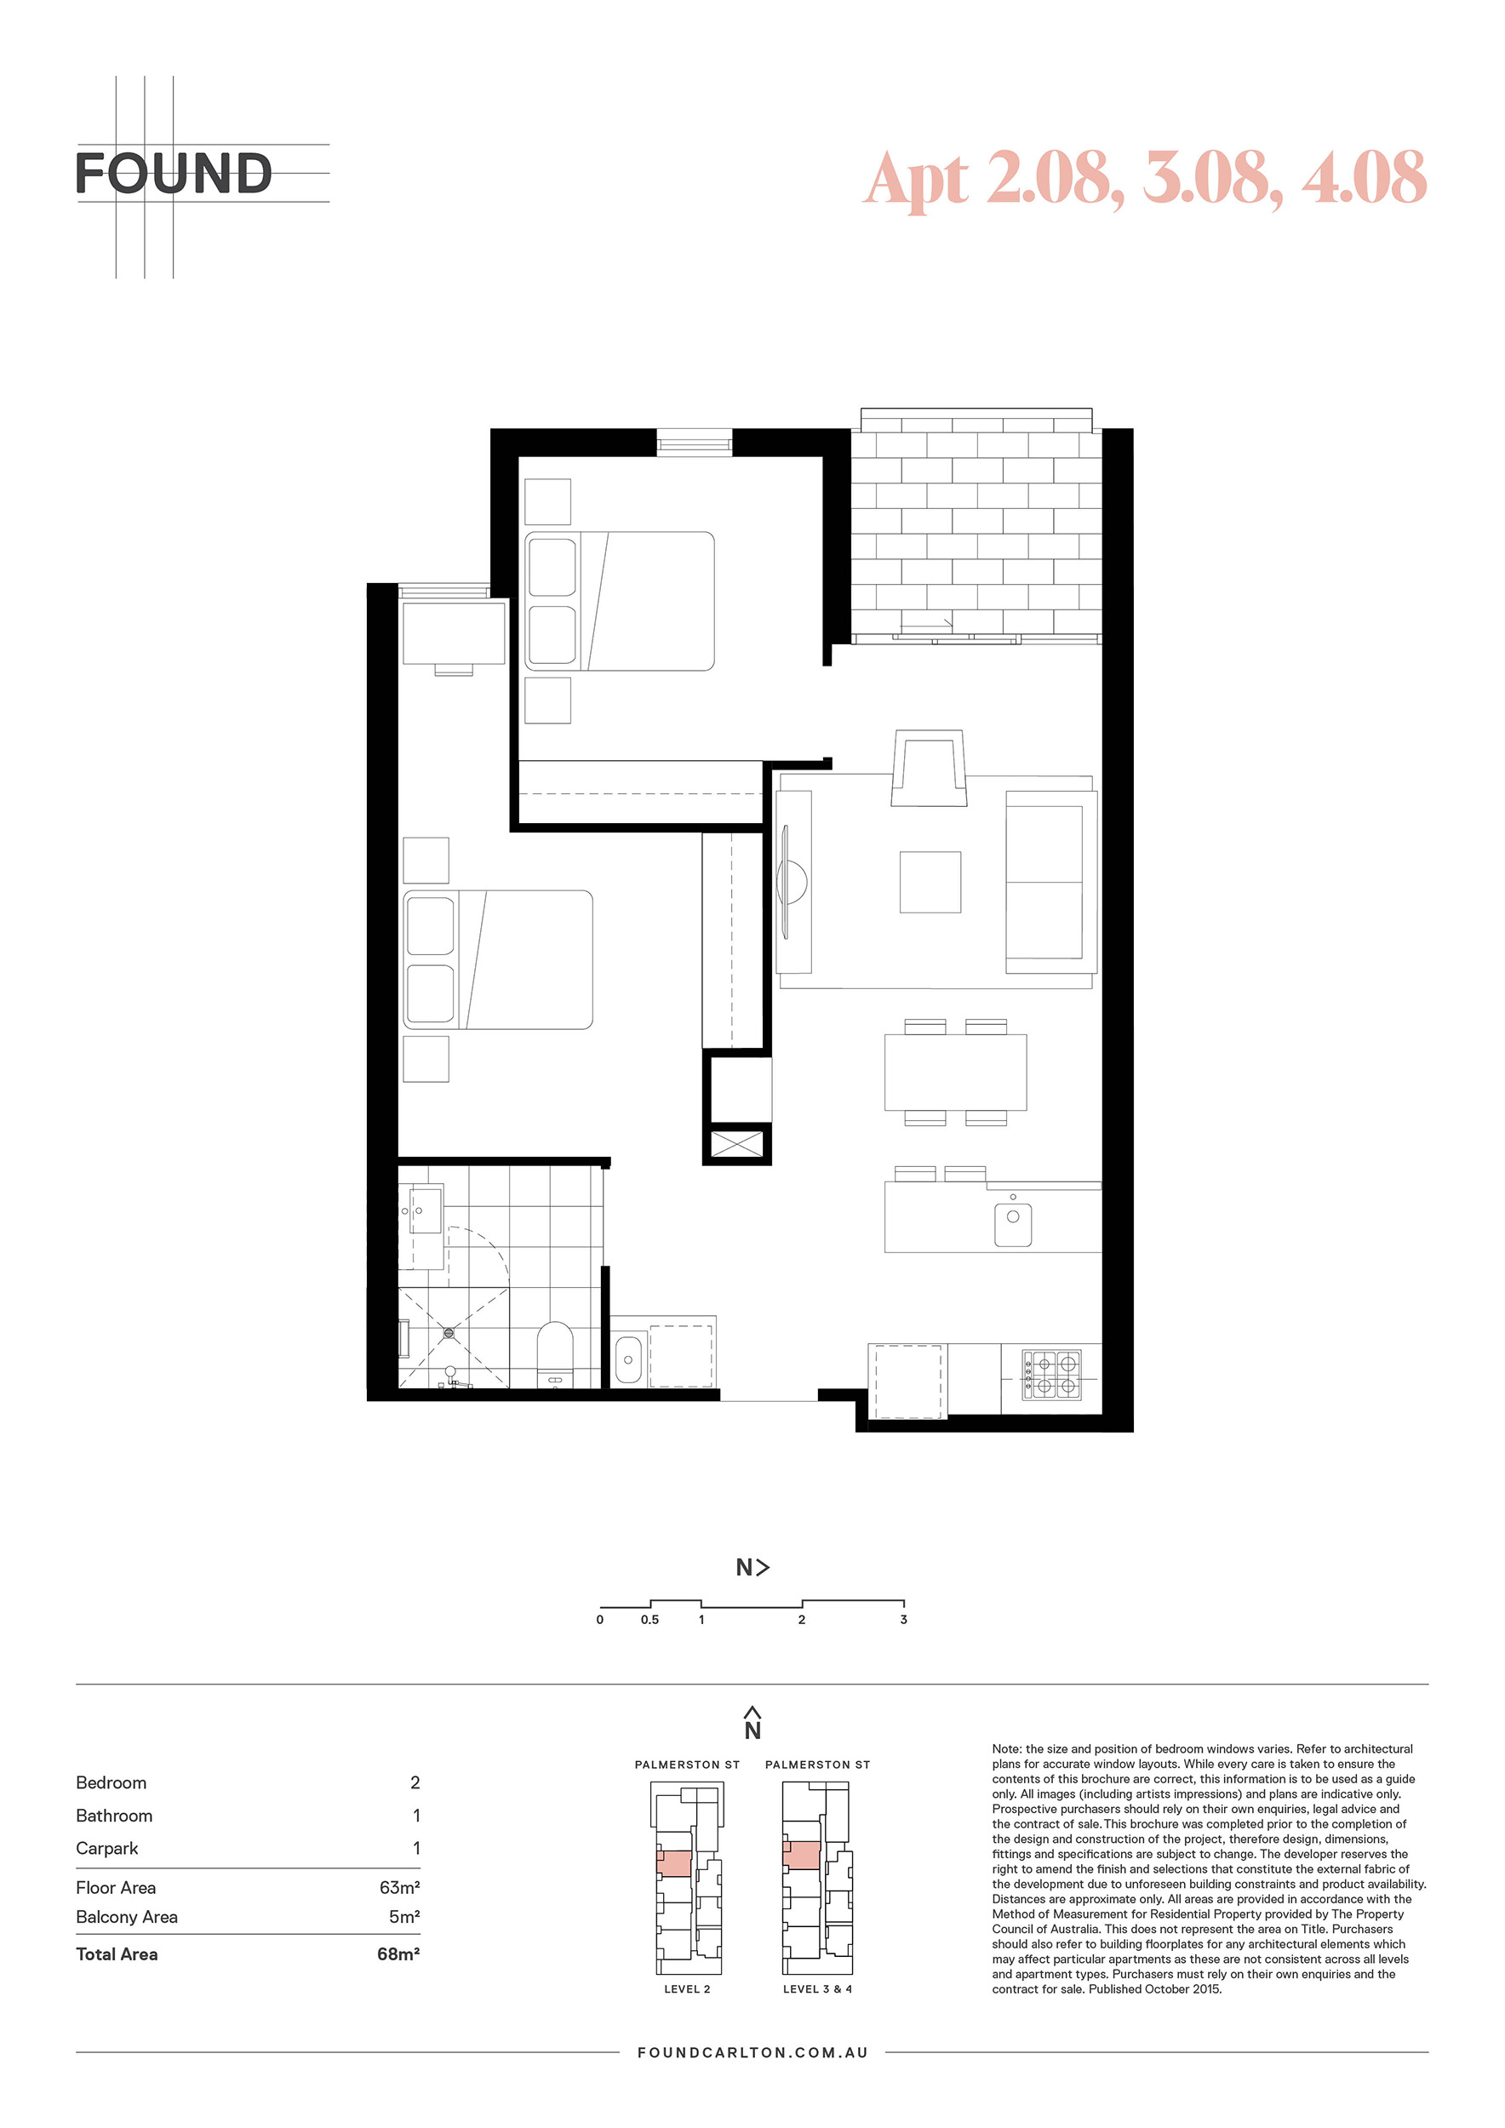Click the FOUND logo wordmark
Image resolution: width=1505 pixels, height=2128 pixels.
[x=175, y=174]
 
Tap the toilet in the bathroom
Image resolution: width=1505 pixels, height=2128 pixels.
[x=555, y=1354]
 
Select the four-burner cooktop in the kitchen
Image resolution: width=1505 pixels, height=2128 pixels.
[x=1052, y=1374]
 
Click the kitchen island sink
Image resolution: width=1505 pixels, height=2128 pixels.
[x=1013, y=1223]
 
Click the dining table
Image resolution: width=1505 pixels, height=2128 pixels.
[x=955, y=1072]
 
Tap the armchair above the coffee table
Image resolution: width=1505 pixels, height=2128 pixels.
[x=929, y=768]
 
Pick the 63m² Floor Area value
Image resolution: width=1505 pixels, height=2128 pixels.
[x=399, y=1887]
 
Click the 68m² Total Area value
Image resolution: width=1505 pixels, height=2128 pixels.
[x=398, y=1954]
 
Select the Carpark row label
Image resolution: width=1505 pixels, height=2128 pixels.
[x=106, y=1848]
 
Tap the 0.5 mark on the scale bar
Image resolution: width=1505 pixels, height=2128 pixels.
[x=649, y=1619]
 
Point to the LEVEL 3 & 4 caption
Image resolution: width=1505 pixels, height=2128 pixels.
[x=817, y=1989]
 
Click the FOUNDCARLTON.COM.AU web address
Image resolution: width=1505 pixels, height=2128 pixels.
[x=752, y=2053]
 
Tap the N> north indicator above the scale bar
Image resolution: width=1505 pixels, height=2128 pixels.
[x=752, y=1567]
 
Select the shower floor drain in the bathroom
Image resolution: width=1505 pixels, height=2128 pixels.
[x=449, y=1332]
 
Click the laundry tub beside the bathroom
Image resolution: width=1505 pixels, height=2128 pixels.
[x=628, y=1359]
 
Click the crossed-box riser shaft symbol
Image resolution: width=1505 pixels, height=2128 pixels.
[x=736, y=1145]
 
